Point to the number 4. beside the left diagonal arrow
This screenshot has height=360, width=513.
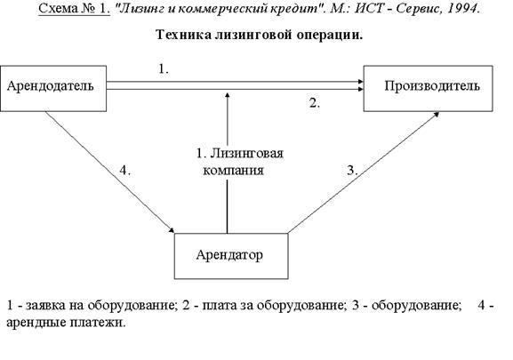pos(125,171)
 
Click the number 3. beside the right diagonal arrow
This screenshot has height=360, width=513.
pos(352,171)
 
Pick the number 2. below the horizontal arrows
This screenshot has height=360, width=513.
pos(315,103)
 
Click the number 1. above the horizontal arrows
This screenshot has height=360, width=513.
pos(164,69)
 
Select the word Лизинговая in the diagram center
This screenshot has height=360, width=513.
pos(246,153)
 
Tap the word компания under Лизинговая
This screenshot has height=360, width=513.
pos(233,171)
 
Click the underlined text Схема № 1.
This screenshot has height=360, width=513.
pos(75,9)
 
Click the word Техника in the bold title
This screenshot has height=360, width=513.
pos(183,35)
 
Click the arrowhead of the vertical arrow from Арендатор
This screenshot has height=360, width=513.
pos(228,95)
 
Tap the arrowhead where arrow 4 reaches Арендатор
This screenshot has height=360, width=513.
pos(172,230)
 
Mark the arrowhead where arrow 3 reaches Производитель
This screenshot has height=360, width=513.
pos(437,114)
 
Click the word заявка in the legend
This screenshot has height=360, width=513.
pos(46,306)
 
